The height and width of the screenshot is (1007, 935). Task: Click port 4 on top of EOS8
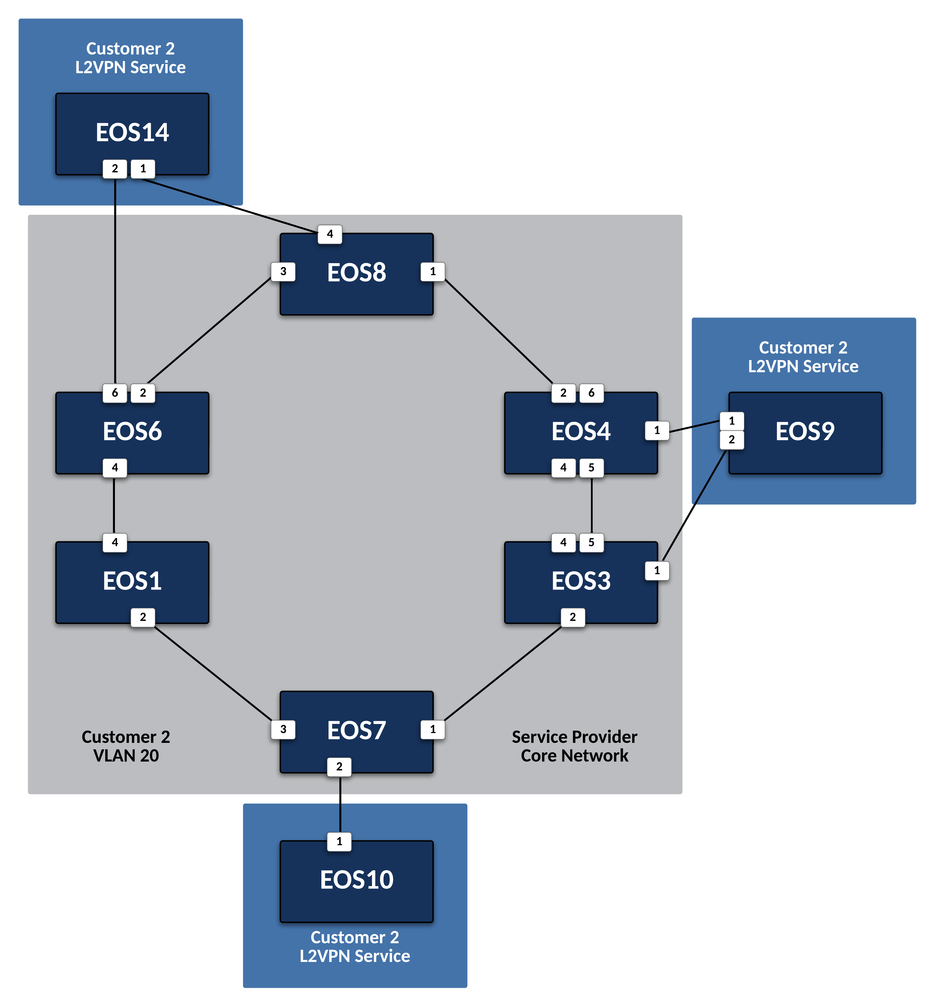tap(330, 234)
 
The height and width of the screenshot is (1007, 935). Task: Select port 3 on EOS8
tap(283, 272)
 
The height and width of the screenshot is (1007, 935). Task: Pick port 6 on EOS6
tap(115, 393)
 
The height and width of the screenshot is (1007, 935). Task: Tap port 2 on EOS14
tap(115, 168)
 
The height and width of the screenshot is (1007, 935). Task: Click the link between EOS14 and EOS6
tap(115, 283)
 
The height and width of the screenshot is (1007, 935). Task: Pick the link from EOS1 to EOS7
tap(212, 673)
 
